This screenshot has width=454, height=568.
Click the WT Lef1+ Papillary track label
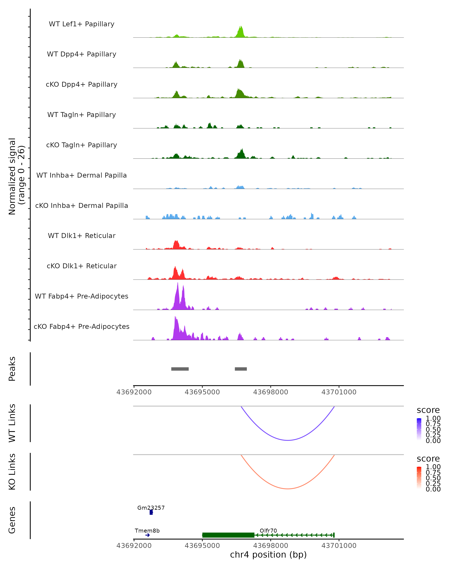click(82, 24)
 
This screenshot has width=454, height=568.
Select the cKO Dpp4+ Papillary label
click(82, 85)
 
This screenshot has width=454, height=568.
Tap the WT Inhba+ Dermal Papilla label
click(82, 176)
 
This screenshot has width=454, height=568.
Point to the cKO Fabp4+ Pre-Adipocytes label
click(82, 327)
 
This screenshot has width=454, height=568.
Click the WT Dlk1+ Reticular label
click(82, 236)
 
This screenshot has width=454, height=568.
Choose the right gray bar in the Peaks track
click(241, 369)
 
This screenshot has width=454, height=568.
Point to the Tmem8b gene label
click(147, 531)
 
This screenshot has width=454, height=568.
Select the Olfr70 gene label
click(268, 531)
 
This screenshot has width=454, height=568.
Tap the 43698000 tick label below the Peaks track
click(271, 392)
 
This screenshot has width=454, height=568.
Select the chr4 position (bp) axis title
click(268, 555)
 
